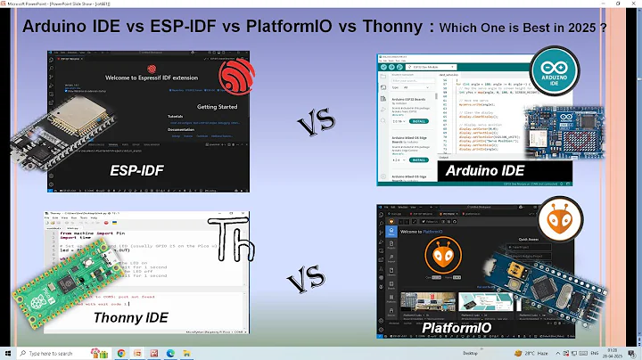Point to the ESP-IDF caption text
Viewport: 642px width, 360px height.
tap(138, 168)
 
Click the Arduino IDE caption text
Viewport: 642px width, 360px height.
tap(485, 170)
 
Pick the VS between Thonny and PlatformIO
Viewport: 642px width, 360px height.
tap(309, 283)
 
